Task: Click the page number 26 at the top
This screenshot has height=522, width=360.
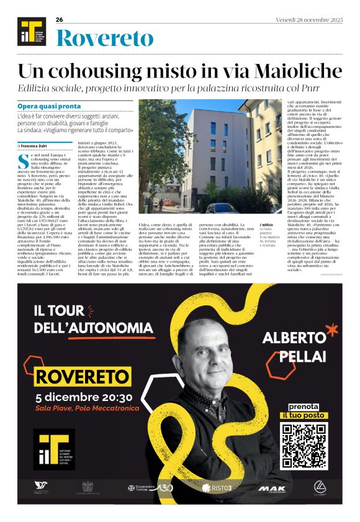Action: [60, 20]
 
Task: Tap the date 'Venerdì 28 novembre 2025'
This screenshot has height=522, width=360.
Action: [309, 20]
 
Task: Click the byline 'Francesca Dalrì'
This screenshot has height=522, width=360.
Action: [38, 145]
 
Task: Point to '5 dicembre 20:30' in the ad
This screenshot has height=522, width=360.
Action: [84, 397]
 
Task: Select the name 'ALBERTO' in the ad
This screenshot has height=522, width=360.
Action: [294, 338]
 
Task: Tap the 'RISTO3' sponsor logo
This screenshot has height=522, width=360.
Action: [217, 488]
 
